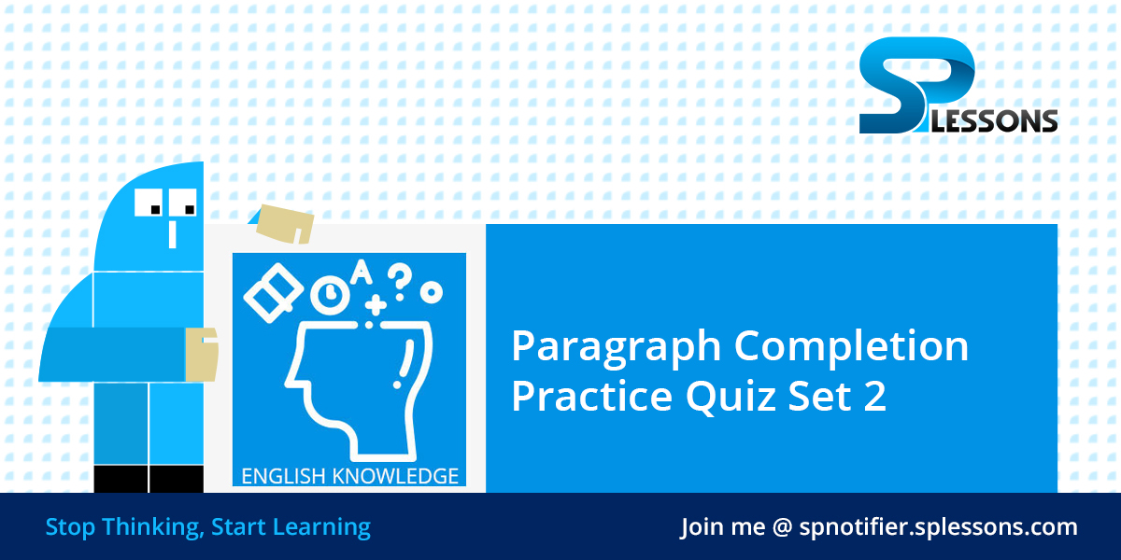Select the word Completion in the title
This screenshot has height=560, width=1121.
click(851, 347)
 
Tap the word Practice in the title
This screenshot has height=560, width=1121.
click(591, 397)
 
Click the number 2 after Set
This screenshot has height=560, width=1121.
click(873, 397)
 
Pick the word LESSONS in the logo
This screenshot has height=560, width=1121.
click(1005, 120)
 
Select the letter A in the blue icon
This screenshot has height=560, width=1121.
click(361, 273)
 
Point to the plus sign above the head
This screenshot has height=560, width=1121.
click(376, 304)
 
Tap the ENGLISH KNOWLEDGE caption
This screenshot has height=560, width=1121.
click(349, 476)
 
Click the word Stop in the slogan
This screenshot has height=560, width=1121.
click(70, 527)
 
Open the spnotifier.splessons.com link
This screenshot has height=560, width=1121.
click(938, 527)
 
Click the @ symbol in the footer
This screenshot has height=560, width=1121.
click(782, 527)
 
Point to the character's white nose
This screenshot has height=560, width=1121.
click(172, 233)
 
